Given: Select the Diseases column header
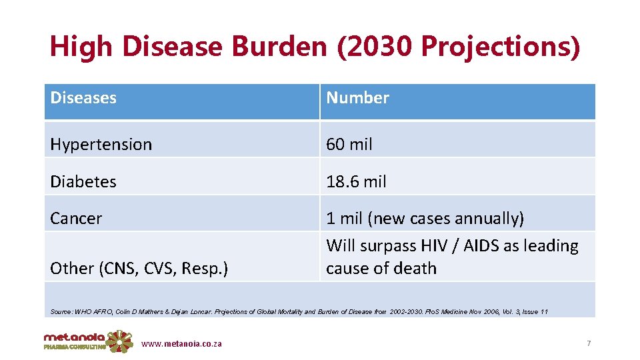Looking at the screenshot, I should click(x=83, y=98).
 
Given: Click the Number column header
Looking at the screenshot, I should click(x=357, y=98).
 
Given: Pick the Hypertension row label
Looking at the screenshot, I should click(x=101, y=144).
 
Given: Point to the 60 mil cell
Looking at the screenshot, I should click(x=349, y=144).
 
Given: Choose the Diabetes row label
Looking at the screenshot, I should click(x=83, y=181).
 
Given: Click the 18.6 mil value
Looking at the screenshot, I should click(x=356, y=181).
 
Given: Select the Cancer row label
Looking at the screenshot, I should click(x=76, y=218).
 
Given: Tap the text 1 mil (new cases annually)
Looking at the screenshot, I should click(x=425, y=218).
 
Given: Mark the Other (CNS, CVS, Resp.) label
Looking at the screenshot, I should click(x=139, y=268).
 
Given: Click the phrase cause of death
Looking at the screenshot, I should click(x=381, y=268).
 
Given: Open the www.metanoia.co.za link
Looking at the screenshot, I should click(x=182, y=344).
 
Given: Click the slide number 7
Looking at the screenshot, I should click(x=589, y=343).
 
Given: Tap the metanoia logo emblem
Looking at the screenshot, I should click(x=119, y=341).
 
